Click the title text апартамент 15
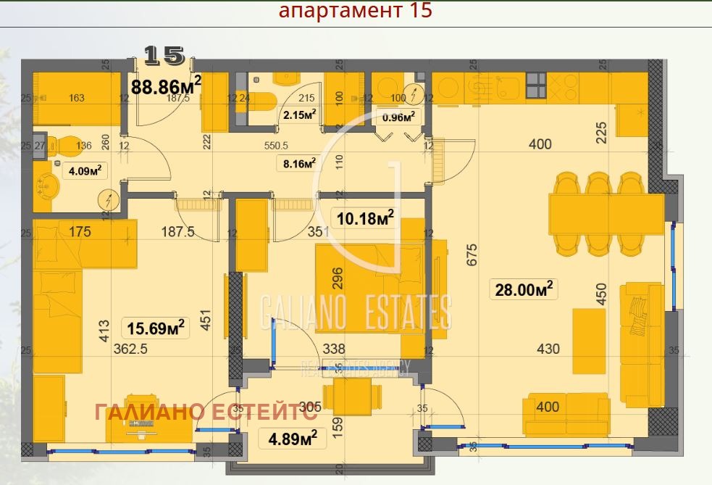click(355, 12)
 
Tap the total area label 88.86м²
click(165, 87)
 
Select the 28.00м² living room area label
click(524, 289)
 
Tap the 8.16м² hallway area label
click(300, 164)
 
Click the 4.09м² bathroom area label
click(85, 171)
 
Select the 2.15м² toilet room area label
click(300, 115)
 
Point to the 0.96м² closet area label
click(398, 115)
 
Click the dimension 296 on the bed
click(336, 278)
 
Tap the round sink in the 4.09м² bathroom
click(49, 185)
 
